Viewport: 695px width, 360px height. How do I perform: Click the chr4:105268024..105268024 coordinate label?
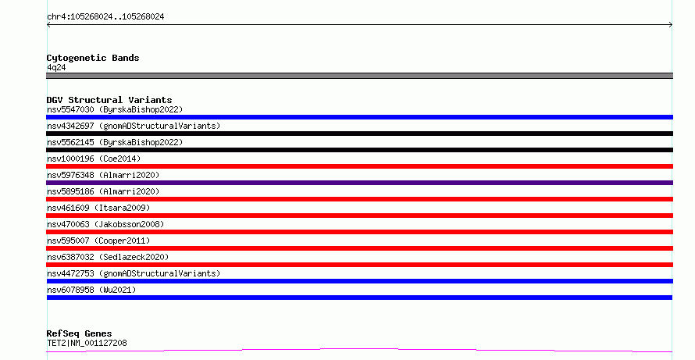pos(105,17)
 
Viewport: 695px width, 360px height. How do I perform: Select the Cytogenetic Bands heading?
pos(93,58)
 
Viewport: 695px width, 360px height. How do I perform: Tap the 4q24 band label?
pos(56,67)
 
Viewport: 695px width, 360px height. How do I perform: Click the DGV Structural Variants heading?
pos(109,100)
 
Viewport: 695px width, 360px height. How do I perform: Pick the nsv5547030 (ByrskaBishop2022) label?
pos(115,109)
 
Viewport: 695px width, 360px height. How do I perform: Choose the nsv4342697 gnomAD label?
pos(134,126)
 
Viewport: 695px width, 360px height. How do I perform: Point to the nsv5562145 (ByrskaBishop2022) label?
pos(115,142)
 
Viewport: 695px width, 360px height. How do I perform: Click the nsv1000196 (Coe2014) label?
pos(94,159)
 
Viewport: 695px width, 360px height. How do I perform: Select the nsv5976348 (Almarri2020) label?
pos(103,175)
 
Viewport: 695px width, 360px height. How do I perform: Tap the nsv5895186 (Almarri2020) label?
pos(103,191)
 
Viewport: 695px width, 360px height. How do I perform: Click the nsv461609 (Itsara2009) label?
pos(98,208)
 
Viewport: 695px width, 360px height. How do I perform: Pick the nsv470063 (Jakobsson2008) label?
pos(105,224)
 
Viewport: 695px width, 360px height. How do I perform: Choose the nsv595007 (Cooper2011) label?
pos(98,241)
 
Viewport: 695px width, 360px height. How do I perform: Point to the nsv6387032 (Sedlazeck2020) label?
pos(108,257)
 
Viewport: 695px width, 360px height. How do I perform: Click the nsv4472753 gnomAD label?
pos(134,273)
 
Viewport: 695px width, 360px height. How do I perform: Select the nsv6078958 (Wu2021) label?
pos(91,290)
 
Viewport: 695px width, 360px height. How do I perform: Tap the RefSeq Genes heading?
pos(79,333)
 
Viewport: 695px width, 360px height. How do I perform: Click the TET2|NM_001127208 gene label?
pos(87,343)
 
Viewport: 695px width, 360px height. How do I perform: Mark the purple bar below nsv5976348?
pos(359,183)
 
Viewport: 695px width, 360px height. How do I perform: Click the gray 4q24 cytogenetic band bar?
pos(359,76)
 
